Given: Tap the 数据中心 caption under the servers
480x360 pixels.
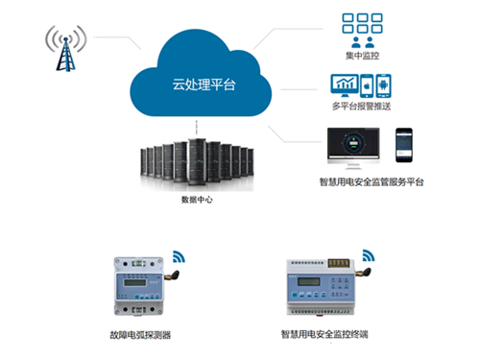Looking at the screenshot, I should (x=198, y=200).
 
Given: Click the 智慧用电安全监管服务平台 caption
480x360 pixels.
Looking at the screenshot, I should (x=372, y=181).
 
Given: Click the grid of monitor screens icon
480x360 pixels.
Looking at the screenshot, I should (x=363, y=23).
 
